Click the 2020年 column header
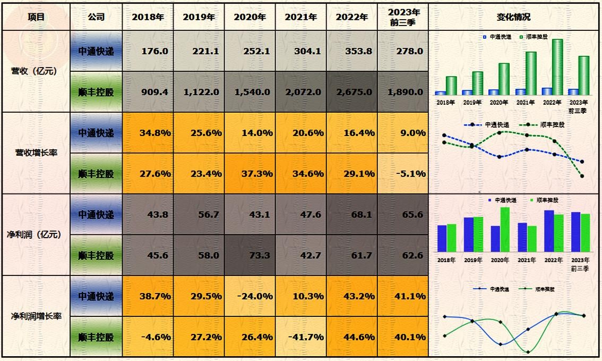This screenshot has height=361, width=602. (250, 17)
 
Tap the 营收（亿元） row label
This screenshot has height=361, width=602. (34, 71)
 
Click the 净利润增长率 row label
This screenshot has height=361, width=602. (37, 316)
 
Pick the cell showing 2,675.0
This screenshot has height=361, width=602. (352, 92)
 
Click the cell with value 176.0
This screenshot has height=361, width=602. (148, 51)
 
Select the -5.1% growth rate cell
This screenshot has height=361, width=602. (403, 174)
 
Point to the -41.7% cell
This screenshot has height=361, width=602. (301, 337)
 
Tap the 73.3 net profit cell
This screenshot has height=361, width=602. (250, 256)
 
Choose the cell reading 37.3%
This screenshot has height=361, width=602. (250, 174)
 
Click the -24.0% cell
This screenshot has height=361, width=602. (250, 296)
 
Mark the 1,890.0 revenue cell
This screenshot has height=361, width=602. (403, 92)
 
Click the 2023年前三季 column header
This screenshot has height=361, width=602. (403, 17)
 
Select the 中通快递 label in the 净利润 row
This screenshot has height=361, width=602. (96, 215)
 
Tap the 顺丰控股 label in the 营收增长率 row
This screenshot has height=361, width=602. (96, 174)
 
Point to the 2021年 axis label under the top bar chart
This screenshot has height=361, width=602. (524, 103)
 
